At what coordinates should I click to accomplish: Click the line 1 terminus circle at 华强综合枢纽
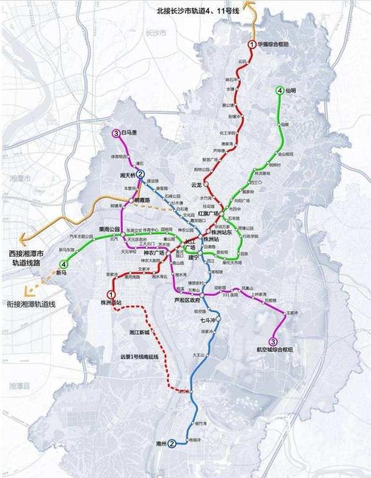click(252, 44)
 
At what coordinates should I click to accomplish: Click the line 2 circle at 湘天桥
click(140, 173)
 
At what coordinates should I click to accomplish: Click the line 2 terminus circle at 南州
click(172, 444)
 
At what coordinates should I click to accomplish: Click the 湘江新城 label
click(139, 333)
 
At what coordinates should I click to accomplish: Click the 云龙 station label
click(196, 185)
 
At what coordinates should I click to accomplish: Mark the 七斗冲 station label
click(207, 319)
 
